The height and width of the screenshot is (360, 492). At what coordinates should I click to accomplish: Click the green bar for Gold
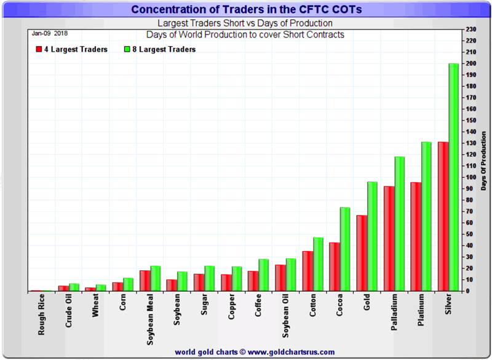(371, 236)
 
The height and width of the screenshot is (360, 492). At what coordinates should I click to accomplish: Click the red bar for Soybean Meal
(145, 281)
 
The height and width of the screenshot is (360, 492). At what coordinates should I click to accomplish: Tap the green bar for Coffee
(263, 275)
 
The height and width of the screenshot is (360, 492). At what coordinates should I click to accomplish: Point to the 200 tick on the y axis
(470, 63)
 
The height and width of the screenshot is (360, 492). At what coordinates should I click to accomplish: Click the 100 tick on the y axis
(470, 177)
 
